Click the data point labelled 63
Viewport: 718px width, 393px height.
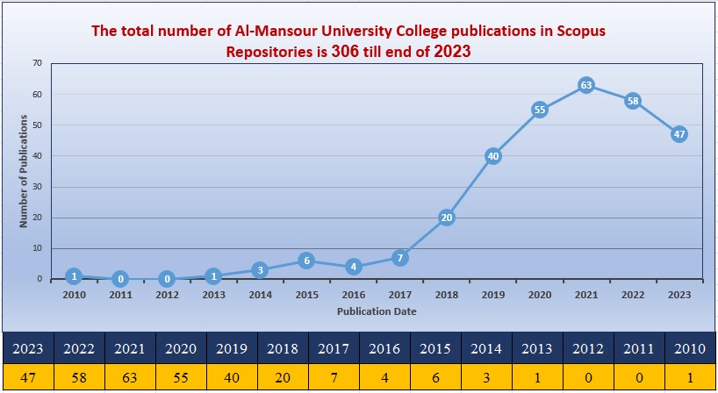click(586, 85)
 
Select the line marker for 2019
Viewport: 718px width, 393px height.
click(492, 156)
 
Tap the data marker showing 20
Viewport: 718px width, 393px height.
click(446, 218)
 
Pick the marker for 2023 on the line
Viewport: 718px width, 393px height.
click(679, 134)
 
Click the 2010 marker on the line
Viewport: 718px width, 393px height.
click(74, 276)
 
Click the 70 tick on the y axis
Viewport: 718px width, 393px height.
click(37, 63)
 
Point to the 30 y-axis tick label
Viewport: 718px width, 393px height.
click(37, 187)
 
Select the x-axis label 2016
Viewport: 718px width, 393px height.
click(353, 295)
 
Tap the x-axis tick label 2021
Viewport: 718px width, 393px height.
click(586, 295)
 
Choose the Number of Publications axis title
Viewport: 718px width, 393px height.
click(25, 171)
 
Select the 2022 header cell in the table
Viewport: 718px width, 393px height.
click(79, 347)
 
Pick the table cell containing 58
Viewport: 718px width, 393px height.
click(79, 377)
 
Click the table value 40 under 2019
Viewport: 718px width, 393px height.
click(232, 377)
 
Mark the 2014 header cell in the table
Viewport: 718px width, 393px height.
click(486, 347)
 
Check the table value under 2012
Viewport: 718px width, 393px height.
click(588, 377)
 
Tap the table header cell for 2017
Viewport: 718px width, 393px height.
click(334, 347)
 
